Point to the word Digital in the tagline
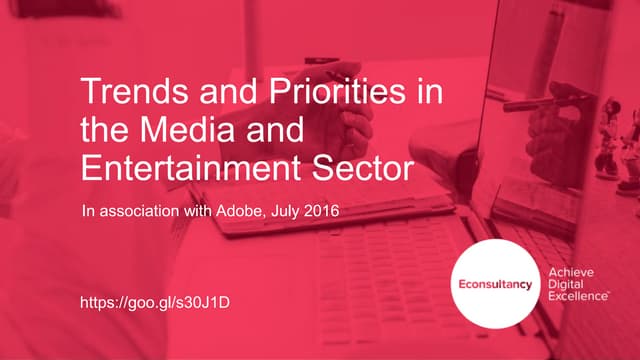tap(567, 286)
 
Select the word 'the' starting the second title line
tap(99, 129)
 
